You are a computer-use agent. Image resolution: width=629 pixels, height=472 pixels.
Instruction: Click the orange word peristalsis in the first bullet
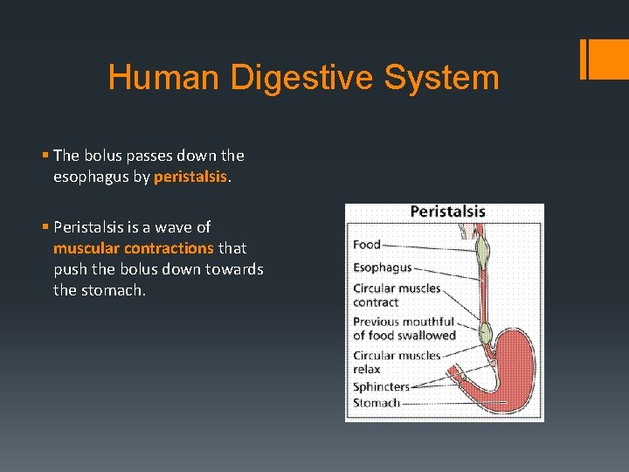(x=190, y=177)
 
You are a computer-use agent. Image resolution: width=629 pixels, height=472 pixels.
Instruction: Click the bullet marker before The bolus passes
(x=45, y=156)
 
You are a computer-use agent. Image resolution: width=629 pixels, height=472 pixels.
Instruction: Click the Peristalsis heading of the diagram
(x=447, y=212)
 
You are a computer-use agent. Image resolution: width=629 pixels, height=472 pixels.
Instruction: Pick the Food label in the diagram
(x=367, y=245)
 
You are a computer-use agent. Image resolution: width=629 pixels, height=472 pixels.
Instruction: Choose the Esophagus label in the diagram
(x=382, y=267)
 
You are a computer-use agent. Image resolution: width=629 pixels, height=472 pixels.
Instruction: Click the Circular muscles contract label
(x=397, y=295)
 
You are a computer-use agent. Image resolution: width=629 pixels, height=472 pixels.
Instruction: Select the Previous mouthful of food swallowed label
(x=404, y=329)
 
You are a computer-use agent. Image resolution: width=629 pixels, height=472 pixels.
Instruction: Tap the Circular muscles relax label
(x=397, y=362)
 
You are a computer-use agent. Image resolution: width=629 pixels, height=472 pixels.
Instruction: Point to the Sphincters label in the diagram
(x=381, y=386)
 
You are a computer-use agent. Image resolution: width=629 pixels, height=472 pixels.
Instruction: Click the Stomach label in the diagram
(x=377, y=403)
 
